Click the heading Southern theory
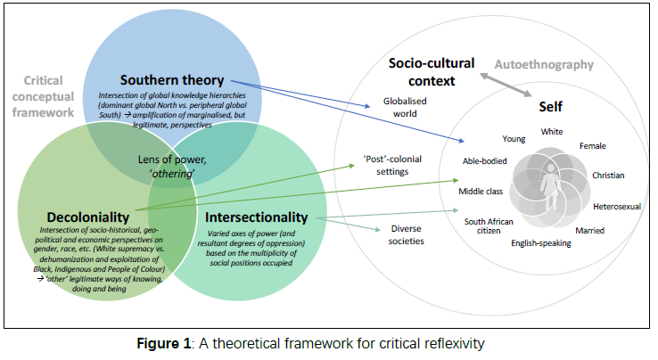click(173, 79)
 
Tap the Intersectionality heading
click(257, 217)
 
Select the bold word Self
click(550, 107)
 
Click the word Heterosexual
click(618, 207)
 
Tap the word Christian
click(608, 176)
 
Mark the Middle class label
click(482, 192)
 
